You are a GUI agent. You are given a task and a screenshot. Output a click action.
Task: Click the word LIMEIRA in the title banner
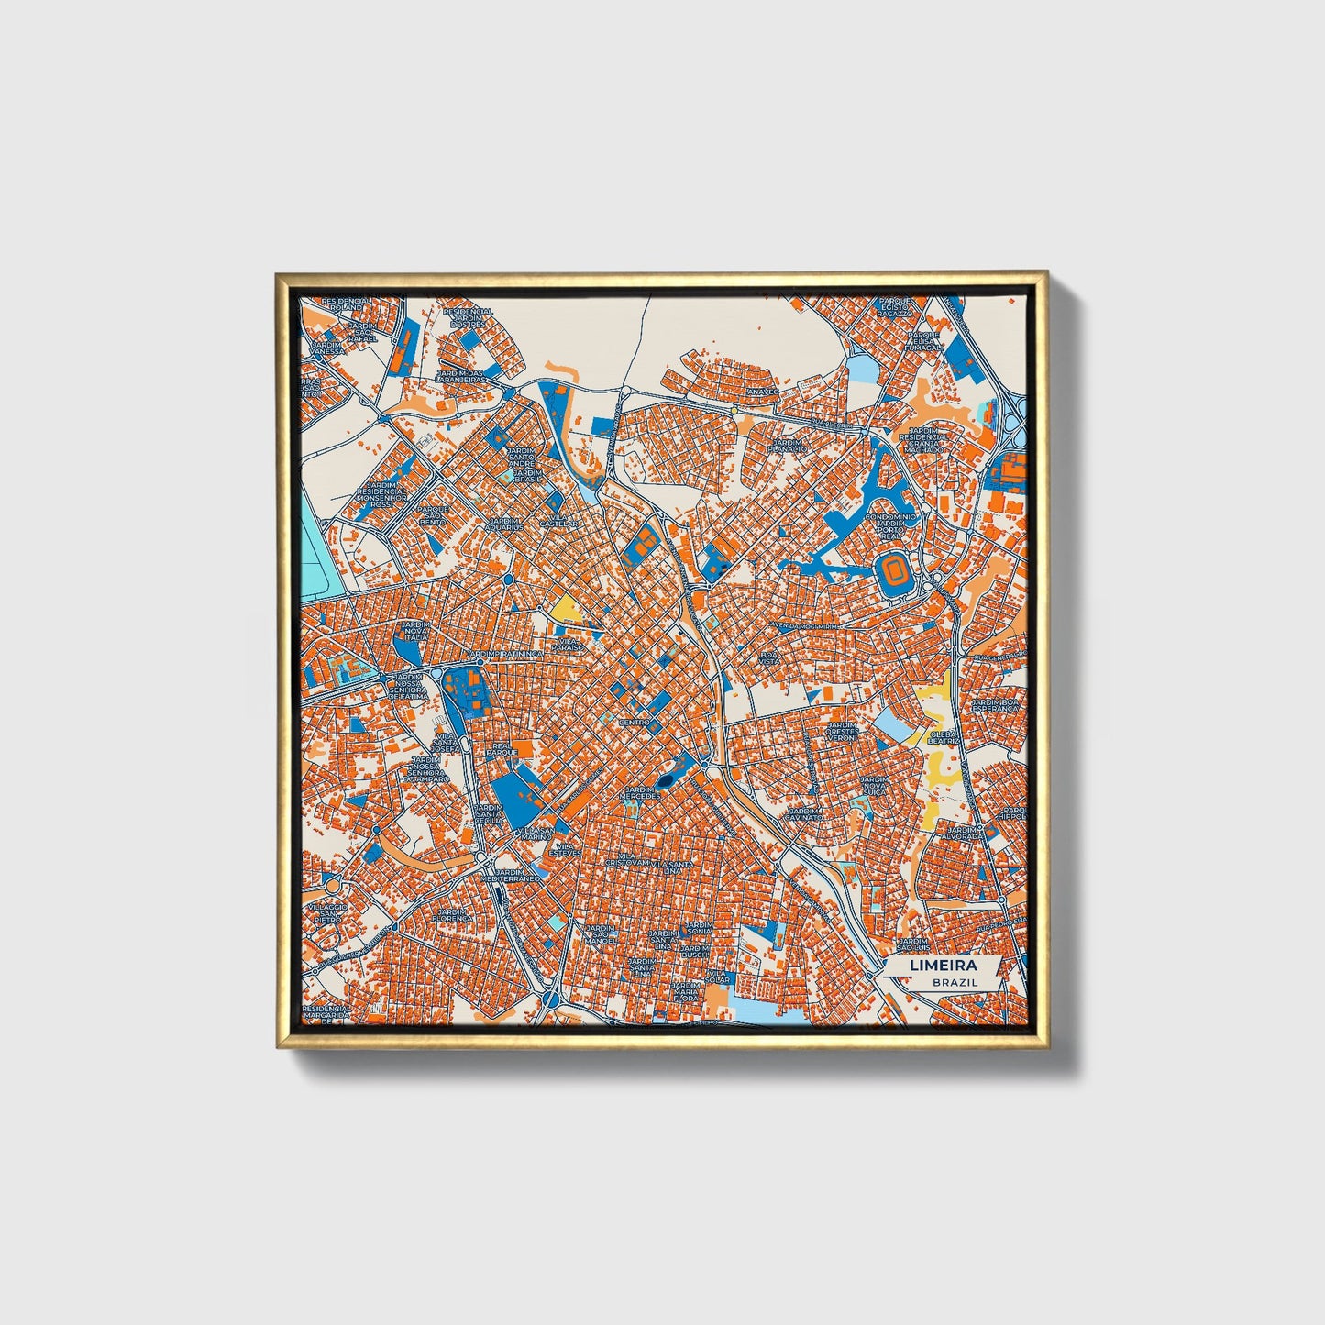pyautogui.click(x=943, y=966)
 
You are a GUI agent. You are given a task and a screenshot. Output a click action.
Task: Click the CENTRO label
pyautogui.click(x=635, y=723)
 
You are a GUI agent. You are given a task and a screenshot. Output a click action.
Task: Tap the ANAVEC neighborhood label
pyautogui.click(x=762, y=392)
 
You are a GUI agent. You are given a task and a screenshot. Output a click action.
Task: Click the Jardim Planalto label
pyautogui.click(x=787, y=446)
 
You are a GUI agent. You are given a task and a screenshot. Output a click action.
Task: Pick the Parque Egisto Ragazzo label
pyautogui.click(x=895, y=306)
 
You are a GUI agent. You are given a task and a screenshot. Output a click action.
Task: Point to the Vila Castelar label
pyautogui.click(x=558, y=520)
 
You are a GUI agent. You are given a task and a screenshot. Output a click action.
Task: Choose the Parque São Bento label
pyautogui.click(x=432, y=515)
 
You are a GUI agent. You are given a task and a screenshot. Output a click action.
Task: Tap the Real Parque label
pyautogui.click(x=501, y=748)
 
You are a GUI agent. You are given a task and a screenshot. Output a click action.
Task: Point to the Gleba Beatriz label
pyautogui.click(x=944, y=737)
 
